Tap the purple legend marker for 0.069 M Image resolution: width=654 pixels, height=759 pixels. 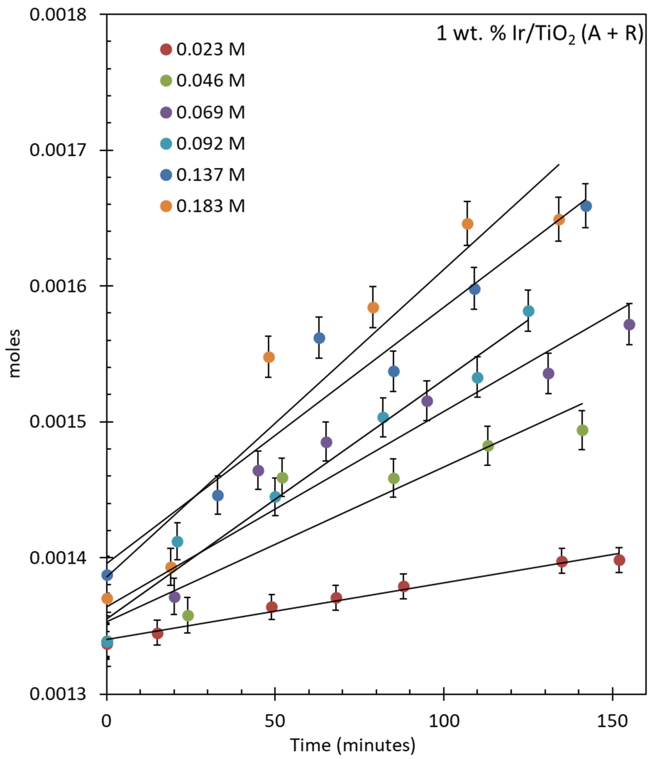166,112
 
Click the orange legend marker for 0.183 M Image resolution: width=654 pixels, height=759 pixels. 166,206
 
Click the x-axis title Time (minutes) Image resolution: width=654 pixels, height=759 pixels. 353,745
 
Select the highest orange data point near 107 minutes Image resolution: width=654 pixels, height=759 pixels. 467,224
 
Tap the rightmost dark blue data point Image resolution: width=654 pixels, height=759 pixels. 586,206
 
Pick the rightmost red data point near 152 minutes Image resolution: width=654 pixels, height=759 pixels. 619,560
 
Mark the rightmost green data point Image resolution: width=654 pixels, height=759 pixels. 582,430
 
